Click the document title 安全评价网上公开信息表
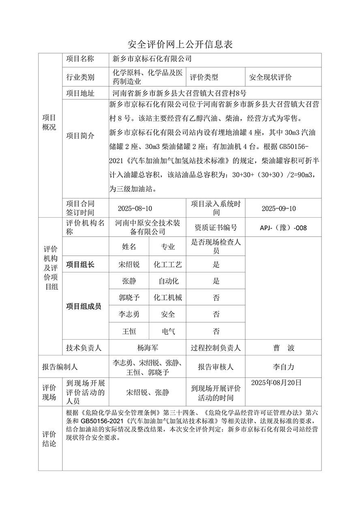point(180,44)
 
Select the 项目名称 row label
point(80,59)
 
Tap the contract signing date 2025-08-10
point(135,209)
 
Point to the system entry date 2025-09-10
point(279,209)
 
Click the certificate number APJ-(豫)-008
point(283,228)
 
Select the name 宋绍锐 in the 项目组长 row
point(129,265)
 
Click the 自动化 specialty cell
point(168,281)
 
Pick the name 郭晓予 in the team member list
point(129,297)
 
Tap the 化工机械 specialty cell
point(168,297)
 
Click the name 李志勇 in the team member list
point(129,314)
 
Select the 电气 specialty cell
point(168,331)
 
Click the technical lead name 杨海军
point(148,348)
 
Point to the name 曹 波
point(283,348)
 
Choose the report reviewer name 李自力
point(283,367)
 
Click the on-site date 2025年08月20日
point(276,382)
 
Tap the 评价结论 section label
point(50,439)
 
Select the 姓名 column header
point(129,247)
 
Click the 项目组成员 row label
point(84,306)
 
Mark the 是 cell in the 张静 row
point(216,281)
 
